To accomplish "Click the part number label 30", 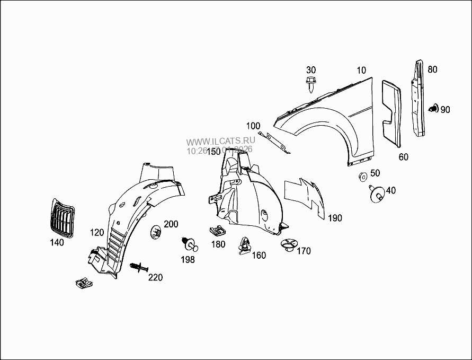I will pos(311,70).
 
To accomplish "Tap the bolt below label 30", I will pos(311,85).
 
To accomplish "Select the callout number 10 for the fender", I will pos(361,70).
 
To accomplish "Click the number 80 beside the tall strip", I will pos(432,69).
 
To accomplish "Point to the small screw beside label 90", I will pos(433,109).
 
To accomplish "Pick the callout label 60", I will pos(404,157).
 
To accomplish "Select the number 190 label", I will pos(335,218).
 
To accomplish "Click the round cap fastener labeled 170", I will pos(287,245).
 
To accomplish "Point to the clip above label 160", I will pos(245,245).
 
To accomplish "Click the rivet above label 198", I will pos(188,243).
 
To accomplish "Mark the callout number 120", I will pos(96,233).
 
